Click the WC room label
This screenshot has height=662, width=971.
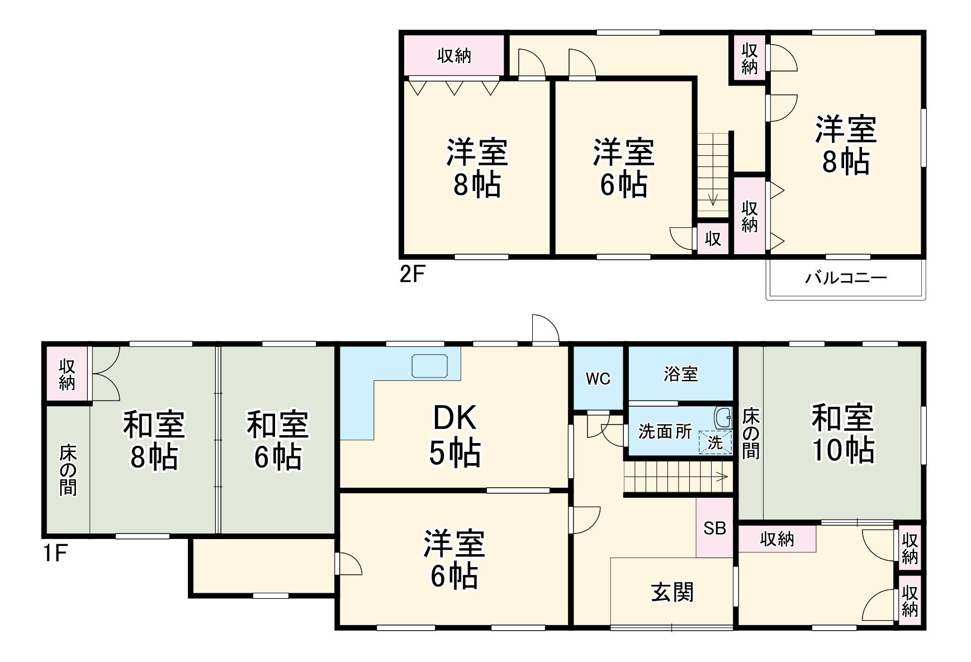(x=598, y=379)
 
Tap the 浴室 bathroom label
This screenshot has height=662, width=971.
(x=680, y=374)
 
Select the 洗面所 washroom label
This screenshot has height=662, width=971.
(x=665, y=432)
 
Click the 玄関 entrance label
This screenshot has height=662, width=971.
(x=672, y=592)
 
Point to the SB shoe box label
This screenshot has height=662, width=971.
(x=714, y=528)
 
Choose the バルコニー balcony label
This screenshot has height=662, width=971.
(x=845, y=278)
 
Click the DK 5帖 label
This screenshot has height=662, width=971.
(x=454, y=435)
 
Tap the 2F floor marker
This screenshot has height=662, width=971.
(x=413, y=274)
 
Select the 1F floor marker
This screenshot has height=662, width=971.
(x=55, y=553)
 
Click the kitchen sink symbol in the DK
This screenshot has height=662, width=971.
(x=429, y=366)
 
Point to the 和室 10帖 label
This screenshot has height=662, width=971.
(x=842, y=434)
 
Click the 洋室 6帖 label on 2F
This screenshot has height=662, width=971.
(x=623, y=168)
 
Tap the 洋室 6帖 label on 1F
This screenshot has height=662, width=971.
(x=454, y=559)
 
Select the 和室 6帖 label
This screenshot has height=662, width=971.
(x=278, y=441)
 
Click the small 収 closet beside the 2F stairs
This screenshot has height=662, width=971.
(x=713, y=239)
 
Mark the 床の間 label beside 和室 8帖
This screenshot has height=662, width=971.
(x=68, y=470)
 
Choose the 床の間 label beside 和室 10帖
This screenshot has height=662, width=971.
(x=751, y=434)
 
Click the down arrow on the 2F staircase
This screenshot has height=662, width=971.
(x=713, y=199)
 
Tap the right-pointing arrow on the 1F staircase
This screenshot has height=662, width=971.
(x=722, y=477)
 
